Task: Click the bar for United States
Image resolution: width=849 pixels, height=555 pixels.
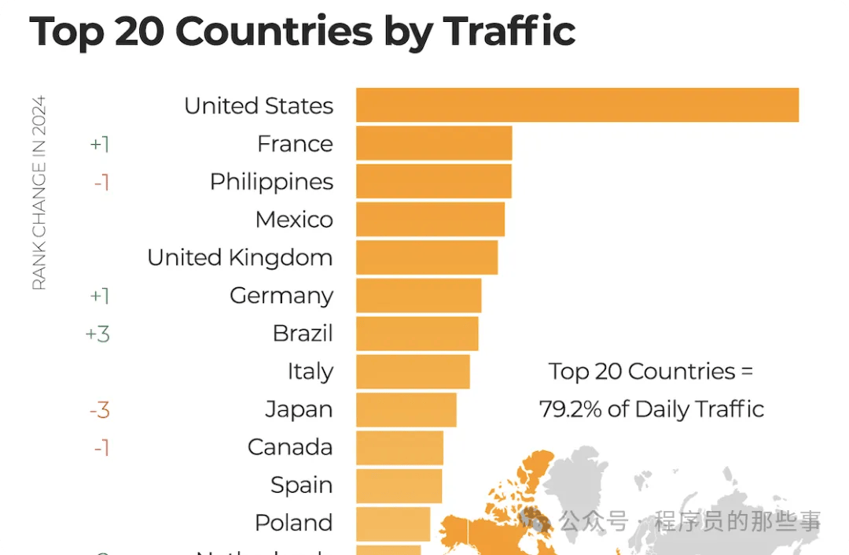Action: [577, 105]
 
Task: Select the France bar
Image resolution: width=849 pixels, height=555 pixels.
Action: [434, 143]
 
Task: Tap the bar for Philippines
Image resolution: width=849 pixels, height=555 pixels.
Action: [433, 181]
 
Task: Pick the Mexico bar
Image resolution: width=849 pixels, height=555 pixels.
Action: [430, 219]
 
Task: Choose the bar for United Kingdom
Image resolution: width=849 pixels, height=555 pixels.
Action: [427, 257]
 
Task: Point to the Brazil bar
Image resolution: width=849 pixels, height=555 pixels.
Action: [417, 333]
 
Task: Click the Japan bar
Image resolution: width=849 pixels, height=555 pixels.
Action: [406, 409]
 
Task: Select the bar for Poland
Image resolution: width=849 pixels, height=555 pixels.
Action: [393, 523]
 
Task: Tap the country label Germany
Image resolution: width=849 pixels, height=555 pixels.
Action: [281, 296]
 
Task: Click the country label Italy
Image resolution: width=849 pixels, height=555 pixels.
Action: [310, 372]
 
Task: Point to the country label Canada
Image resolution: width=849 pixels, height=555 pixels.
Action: [290, 447]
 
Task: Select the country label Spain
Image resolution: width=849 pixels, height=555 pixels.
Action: [301, 485]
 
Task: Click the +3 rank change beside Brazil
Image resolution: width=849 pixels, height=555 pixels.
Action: [97, 334]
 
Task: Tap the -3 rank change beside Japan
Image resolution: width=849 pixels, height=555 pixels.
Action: [99, 409]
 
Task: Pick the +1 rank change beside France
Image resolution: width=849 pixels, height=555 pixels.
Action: [100, 144]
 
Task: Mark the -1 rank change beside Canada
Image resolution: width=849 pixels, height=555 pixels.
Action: [101, 448]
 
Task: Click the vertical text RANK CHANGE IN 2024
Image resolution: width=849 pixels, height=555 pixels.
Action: [39, 193]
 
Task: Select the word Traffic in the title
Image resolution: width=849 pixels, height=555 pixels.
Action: [509, 31]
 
